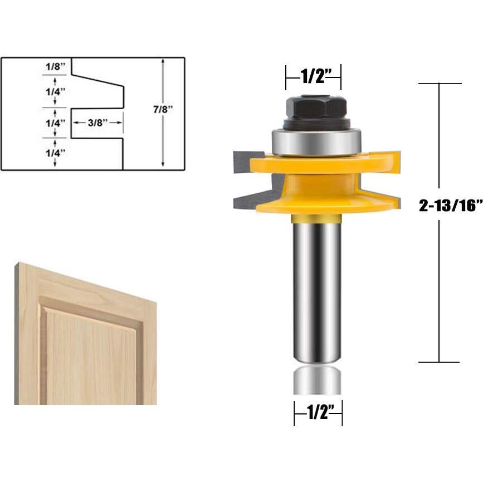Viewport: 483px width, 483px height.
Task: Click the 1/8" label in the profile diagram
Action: pyautogui.click(x=55, y=66)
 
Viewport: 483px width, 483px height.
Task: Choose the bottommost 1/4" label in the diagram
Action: pyautogui.click(x=55, y=152)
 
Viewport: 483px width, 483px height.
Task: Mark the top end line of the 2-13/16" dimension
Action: pyautogui.click(x=440, y=84)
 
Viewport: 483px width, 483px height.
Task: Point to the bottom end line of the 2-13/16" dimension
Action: pyautogui.click(x=440, y=362)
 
